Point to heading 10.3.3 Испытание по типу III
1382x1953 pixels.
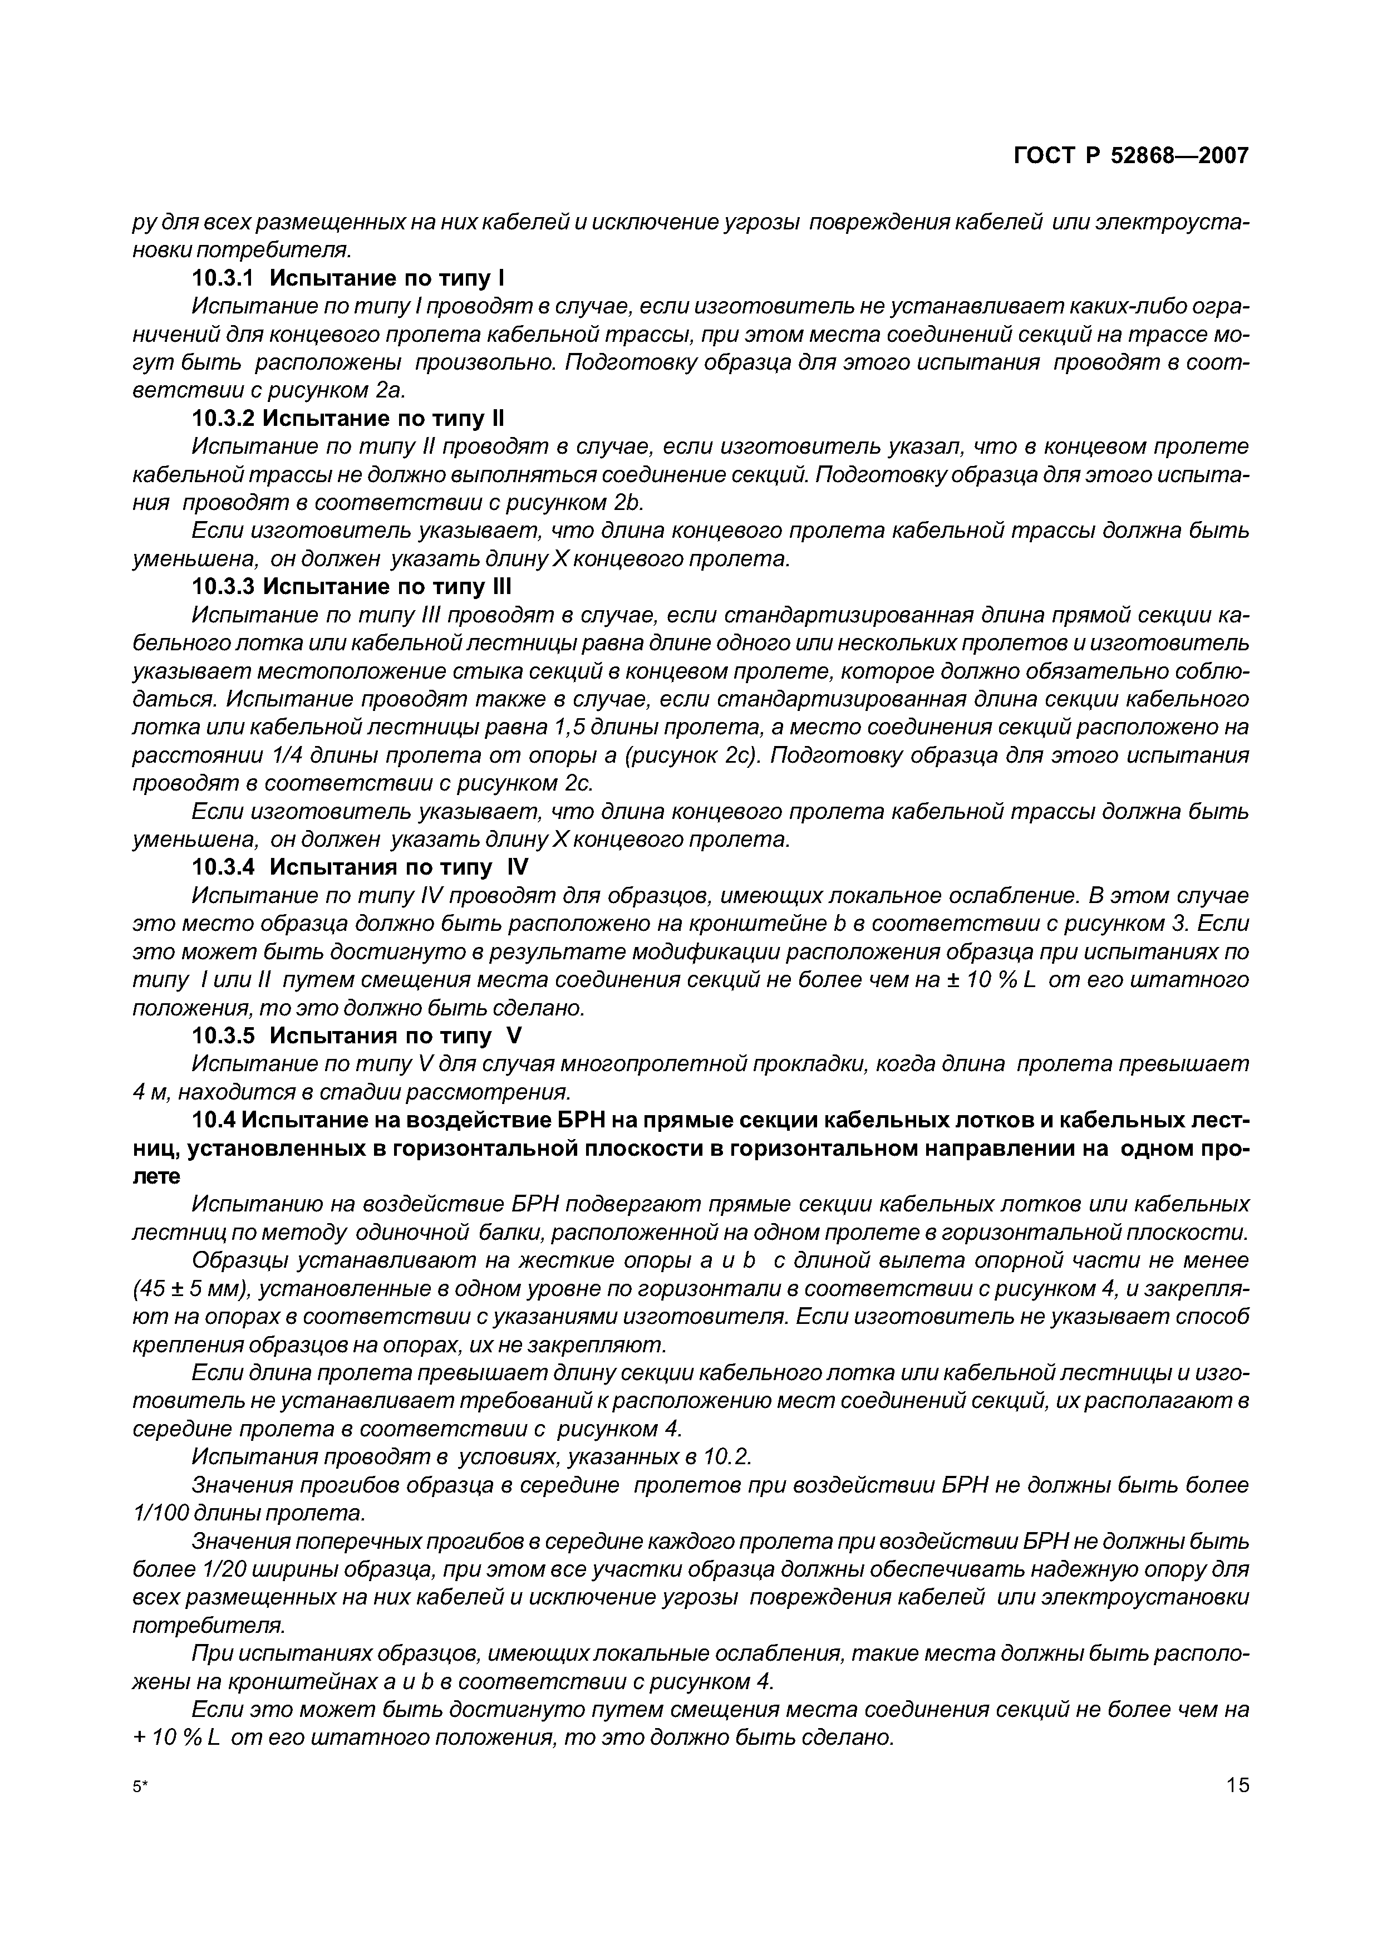[x=351, y=587]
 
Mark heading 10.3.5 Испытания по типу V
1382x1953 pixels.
[x=355, y=1037]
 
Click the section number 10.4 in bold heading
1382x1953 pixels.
[x=216, y=1121]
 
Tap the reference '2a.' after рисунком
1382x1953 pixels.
[x=391, y=391]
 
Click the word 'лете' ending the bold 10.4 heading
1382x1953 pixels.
[x=158, y=1177]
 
